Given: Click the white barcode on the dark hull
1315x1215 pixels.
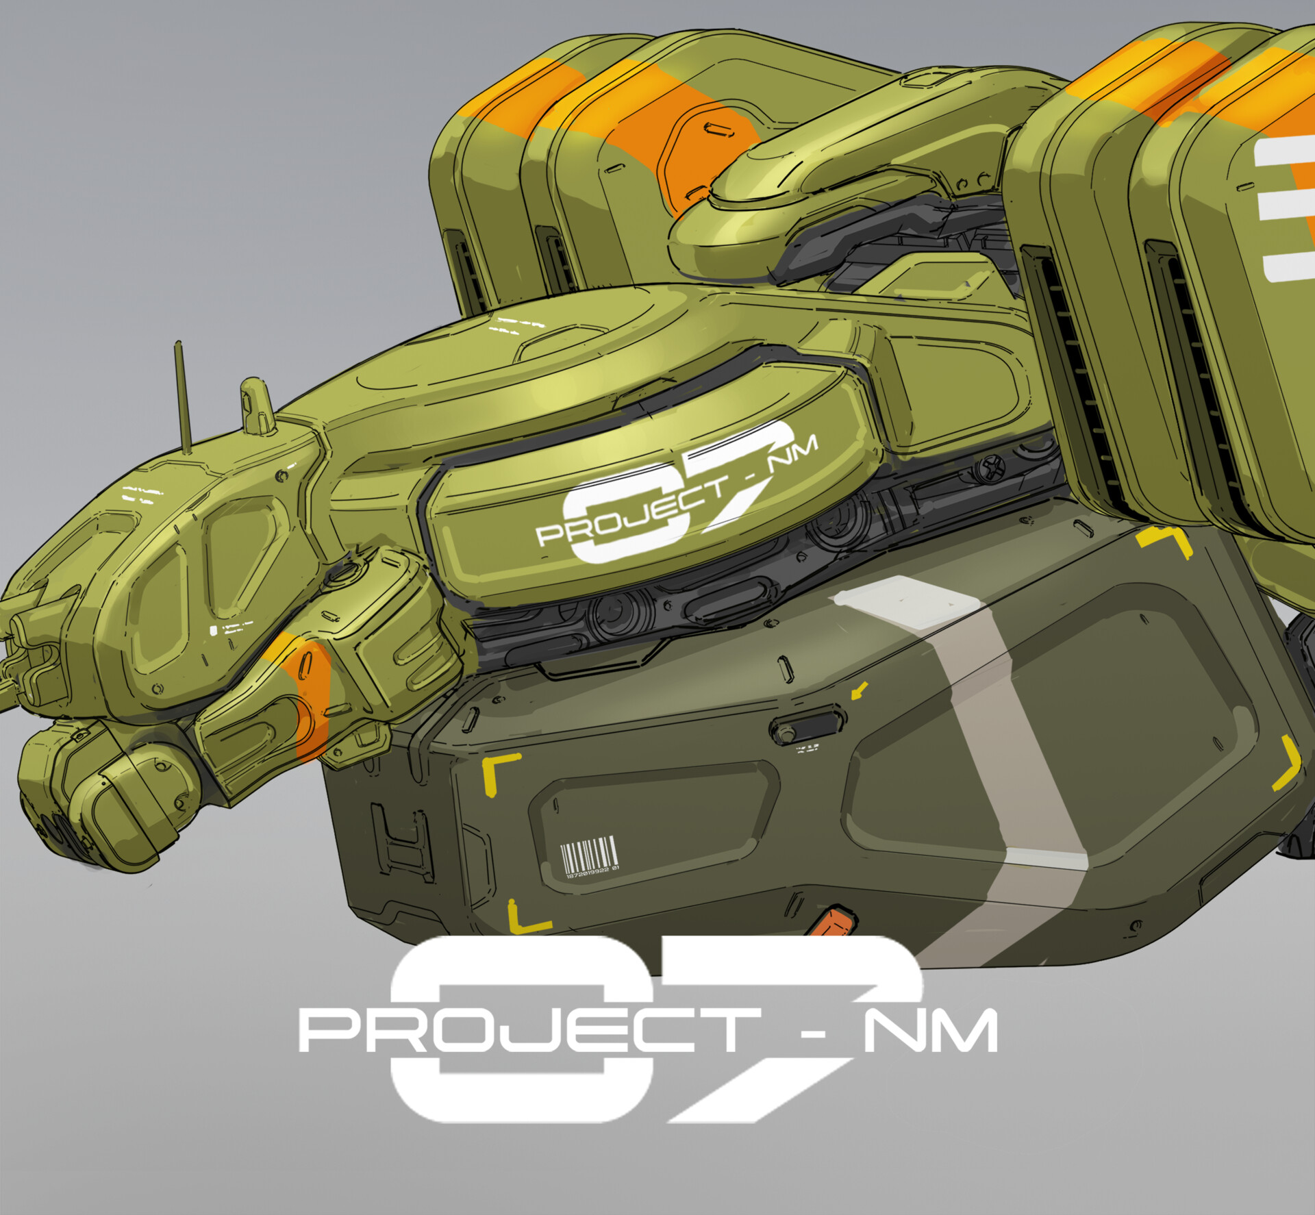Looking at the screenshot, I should point(588,854).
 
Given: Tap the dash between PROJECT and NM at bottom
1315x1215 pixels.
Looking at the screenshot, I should point(813,1031).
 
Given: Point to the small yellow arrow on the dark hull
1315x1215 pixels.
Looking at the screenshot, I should point(859,690).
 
